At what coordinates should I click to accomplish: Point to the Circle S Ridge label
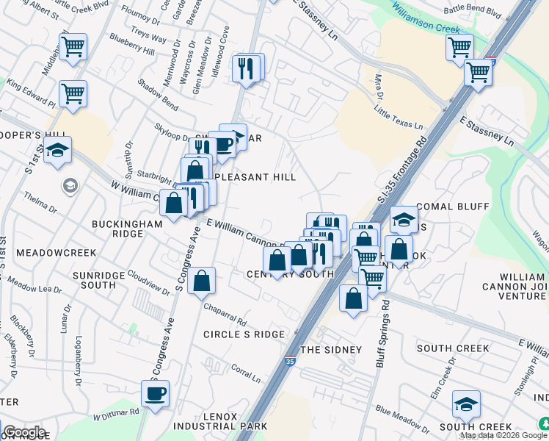point(244,334)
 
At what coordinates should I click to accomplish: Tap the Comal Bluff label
point(451,207)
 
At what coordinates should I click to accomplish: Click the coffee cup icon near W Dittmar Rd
point(155,394)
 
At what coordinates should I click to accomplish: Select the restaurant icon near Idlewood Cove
point(247,68)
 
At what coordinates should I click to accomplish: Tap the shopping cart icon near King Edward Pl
point(73,94)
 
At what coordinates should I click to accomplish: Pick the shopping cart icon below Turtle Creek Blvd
point(73,47)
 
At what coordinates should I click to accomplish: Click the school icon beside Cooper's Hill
point(57,151)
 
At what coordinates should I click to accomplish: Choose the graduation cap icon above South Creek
point(465,404)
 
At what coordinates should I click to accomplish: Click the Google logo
point(24,432)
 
